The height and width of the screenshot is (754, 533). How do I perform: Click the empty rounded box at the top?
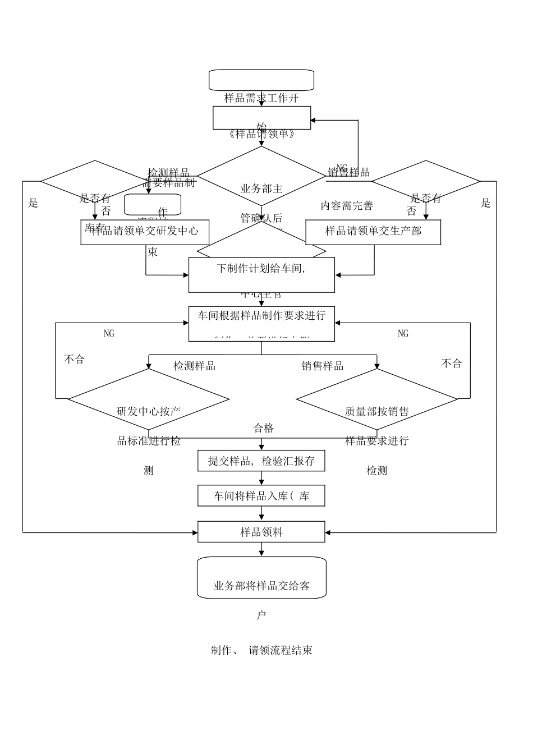[x=261, y=80]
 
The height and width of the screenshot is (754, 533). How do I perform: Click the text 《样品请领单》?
[x=261, y=135]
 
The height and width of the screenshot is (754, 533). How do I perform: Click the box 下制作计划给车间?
[x=261, y=275]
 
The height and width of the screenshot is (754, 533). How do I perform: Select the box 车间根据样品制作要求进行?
[x=261, y=324]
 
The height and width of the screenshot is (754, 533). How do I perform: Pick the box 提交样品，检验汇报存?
[x=261, y=461]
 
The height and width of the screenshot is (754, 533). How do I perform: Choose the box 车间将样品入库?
[x=261, y=496]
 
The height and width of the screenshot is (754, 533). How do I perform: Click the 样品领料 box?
[x=261, y=532]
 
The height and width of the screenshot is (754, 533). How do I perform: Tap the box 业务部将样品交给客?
[x=261, y=578]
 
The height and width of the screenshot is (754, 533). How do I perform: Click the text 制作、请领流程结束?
[x=261, y=651]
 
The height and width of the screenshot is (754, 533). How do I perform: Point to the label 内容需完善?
[x=347, y=206]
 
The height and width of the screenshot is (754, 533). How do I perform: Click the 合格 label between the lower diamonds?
[x=264, y=429]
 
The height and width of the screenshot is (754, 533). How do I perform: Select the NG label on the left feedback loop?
[x=109, y=334]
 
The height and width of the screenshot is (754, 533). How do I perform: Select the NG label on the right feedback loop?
[x=403, y=334]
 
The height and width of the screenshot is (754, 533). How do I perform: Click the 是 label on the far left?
[x=33, y=204]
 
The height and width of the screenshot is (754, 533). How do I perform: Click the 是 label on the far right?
[x=486, y=204]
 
